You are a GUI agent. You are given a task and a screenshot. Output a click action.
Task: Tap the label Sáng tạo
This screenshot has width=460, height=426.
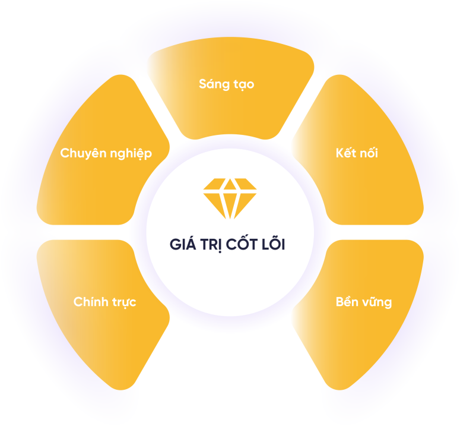[x=226, y=84]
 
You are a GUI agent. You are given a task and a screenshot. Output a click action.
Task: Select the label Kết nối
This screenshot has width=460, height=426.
[x=356, y=153]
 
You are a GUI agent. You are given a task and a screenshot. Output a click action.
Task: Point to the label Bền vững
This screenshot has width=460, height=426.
[x=363, y=302]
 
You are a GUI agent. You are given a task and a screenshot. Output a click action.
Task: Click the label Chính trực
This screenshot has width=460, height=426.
[x=104, y=302]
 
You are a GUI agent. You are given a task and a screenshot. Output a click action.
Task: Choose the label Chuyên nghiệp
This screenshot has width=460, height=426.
[x=106, y=154]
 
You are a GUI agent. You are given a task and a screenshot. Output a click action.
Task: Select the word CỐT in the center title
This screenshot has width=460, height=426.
[x=243, y=244]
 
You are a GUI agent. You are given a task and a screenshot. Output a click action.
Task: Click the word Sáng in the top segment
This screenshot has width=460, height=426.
[x=212, y=85]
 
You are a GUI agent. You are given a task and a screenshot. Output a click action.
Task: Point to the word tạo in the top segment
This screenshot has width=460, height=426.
[x=243, y=84]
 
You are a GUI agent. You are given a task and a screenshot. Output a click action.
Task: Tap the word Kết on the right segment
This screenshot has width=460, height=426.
[x=345, y=153]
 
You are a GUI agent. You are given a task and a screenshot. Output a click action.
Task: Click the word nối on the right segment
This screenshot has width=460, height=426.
[x=369, y=153]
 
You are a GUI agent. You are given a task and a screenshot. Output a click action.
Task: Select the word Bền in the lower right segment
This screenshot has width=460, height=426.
[x=347, y=301]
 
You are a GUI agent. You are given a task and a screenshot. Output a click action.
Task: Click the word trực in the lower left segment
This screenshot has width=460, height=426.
[x=124, y=302]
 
